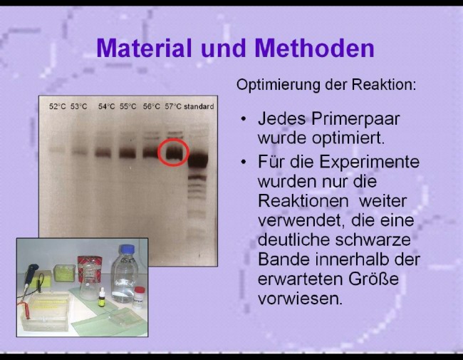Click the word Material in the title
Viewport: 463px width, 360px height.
[144, 48]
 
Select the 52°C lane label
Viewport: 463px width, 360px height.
[57, 106]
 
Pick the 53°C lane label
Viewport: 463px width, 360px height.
[79, 106]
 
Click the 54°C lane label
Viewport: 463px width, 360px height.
[106, 106]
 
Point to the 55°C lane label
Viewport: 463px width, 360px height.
[128, 106]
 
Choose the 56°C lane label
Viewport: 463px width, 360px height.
[152, 106]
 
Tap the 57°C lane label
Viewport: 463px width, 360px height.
[173, 106]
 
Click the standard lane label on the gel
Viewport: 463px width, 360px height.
[199, 106]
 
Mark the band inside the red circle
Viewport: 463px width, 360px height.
[173, 153]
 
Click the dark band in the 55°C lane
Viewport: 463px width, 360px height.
[128, 153]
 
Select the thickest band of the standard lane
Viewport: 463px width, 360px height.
[198, 160]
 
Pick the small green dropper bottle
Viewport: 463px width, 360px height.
[102, 297]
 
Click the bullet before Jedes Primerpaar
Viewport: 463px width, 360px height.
[244, 120]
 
